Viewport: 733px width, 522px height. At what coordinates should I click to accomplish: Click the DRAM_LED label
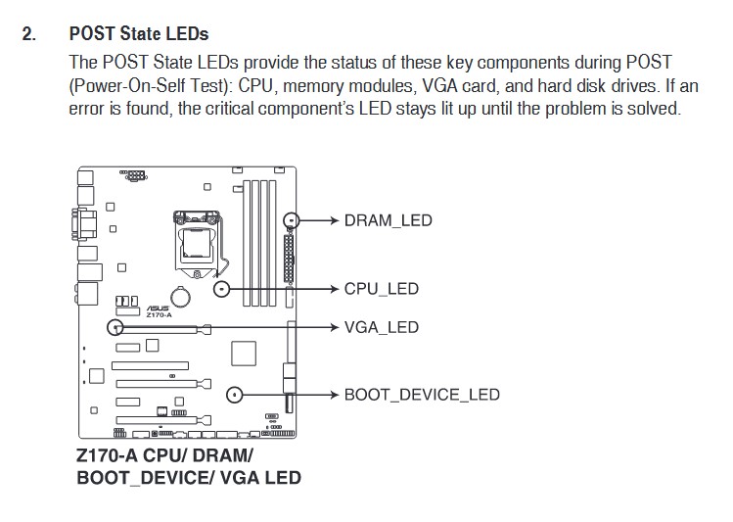[388, 220]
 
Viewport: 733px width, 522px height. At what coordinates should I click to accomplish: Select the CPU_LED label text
[381, 289]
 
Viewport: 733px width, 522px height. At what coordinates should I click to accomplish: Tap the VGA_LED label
[381, 327]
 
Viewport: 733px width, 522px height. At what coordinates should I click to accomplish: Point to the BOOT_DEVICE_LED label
[422, 395]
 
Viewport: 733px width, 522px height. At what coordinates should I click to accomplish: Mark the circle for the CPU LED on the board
[222, 289]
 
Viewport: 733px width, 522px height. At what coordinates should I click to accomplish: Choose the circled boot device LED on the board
[235, 395]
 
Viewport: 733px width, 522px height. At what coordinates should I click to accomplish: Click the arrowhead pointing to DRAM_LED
[334, 220]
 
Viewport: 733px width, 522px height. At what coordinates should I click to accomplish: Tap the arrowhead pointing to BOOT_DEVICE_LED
[334, 395]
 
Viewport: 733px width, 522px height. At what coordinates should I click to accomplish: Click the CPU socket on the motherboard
[195, 240]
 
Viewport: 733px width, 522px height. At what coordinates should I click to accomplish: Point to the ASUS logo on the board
[157, 308]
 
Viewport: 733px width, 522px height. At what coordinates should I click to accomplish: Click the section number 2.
[29, 34]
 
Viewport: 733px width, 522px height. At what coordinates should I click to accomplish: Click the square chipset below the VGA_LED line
[244, 355]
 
